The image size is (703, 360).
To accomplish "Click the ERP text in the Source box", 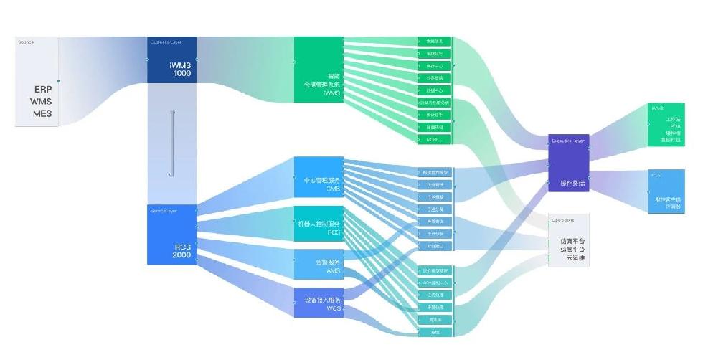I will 42,90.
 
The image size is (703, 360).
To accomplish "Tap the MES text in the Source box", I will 42,113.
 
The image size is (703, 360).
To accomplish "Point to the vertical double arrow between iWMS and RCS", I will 171,143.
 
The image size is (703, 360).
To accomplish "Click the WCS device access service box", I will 319,302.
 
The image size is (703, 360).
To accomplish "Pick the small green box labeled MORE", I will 435,139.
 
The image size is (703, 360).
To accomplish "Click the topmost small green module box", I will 435,42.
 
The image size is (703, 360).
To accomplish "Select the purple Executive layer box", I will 568,164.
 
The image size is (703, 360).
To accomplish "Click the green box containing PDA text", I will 666,125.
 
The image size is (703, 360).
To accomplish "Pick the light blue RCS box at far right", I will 666,191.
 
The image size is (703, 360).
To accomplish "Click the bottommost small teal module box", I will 435,332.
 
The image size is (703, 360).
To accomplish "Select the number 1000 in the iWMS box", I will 181,72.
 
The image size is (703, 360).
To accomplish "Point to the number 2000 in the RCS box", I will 181,255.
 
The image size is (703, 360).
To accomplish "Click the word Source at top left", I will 26,42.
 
